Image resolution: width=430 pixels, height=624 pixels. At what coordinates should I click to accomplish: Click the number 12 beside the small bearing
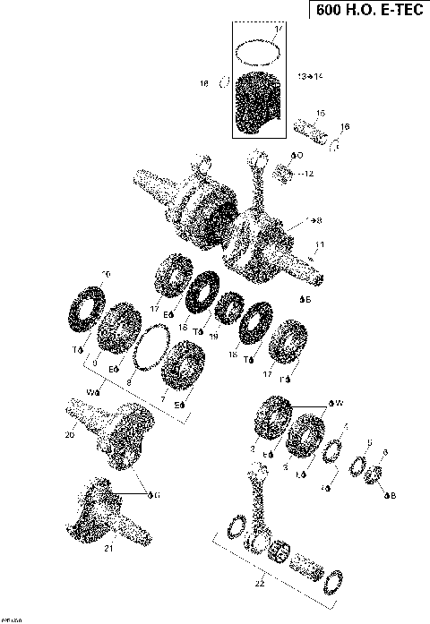pyautogui.click(x=309, y=174)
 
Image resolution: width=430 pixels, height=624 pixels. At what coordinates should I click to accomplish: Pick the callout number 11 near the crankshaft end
pyautogui.click(x=320, y=244)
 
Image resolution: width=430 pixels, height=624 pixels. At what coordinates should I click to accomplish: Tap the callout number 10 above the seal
pyautogui.click(x=106, y=273)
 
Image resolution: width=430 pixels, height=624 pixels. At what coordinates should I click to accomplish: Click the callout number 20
pyautogui.click(x=69, y=436)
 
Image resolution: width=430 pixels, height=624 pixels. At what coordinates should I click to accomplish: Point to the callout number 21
pyautogui.click(x=108, y=548)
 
